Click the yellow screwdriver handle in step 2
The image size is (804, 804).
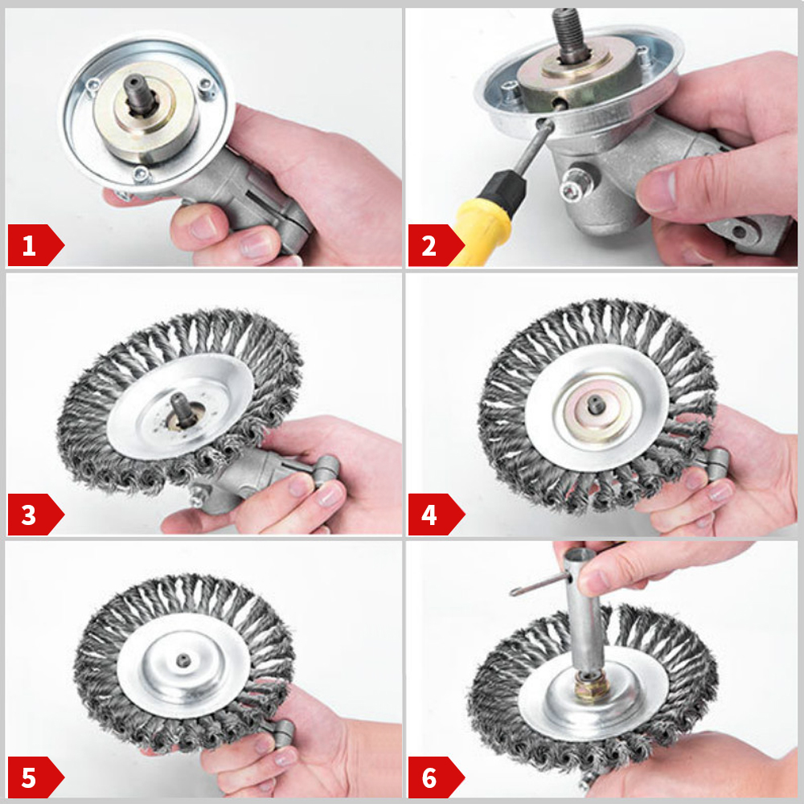tap(482, 229)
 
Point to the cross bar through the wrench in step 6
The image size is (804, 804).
tap(539, 585)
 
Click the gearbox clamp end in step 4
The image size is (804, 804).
tap(715, 461)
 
